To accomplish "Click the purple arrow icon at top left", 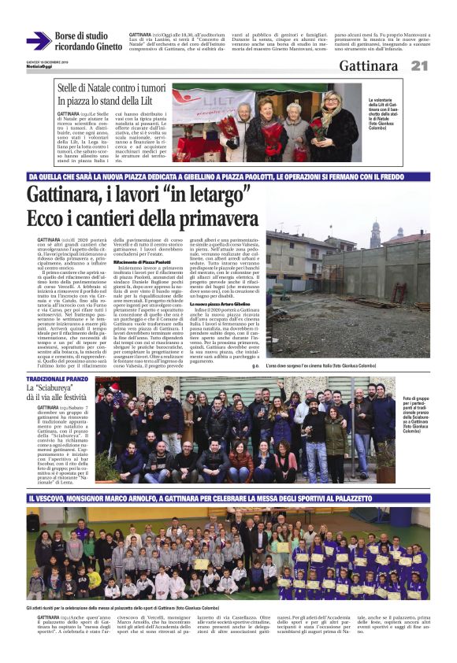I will (x=39, y=40).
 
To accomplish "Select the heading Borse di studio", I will (x=81, y=35).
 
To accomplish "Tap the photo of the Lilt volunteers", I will (x=266, y=124).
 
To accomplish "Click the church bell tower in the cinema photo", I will (x=375, y=233).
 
